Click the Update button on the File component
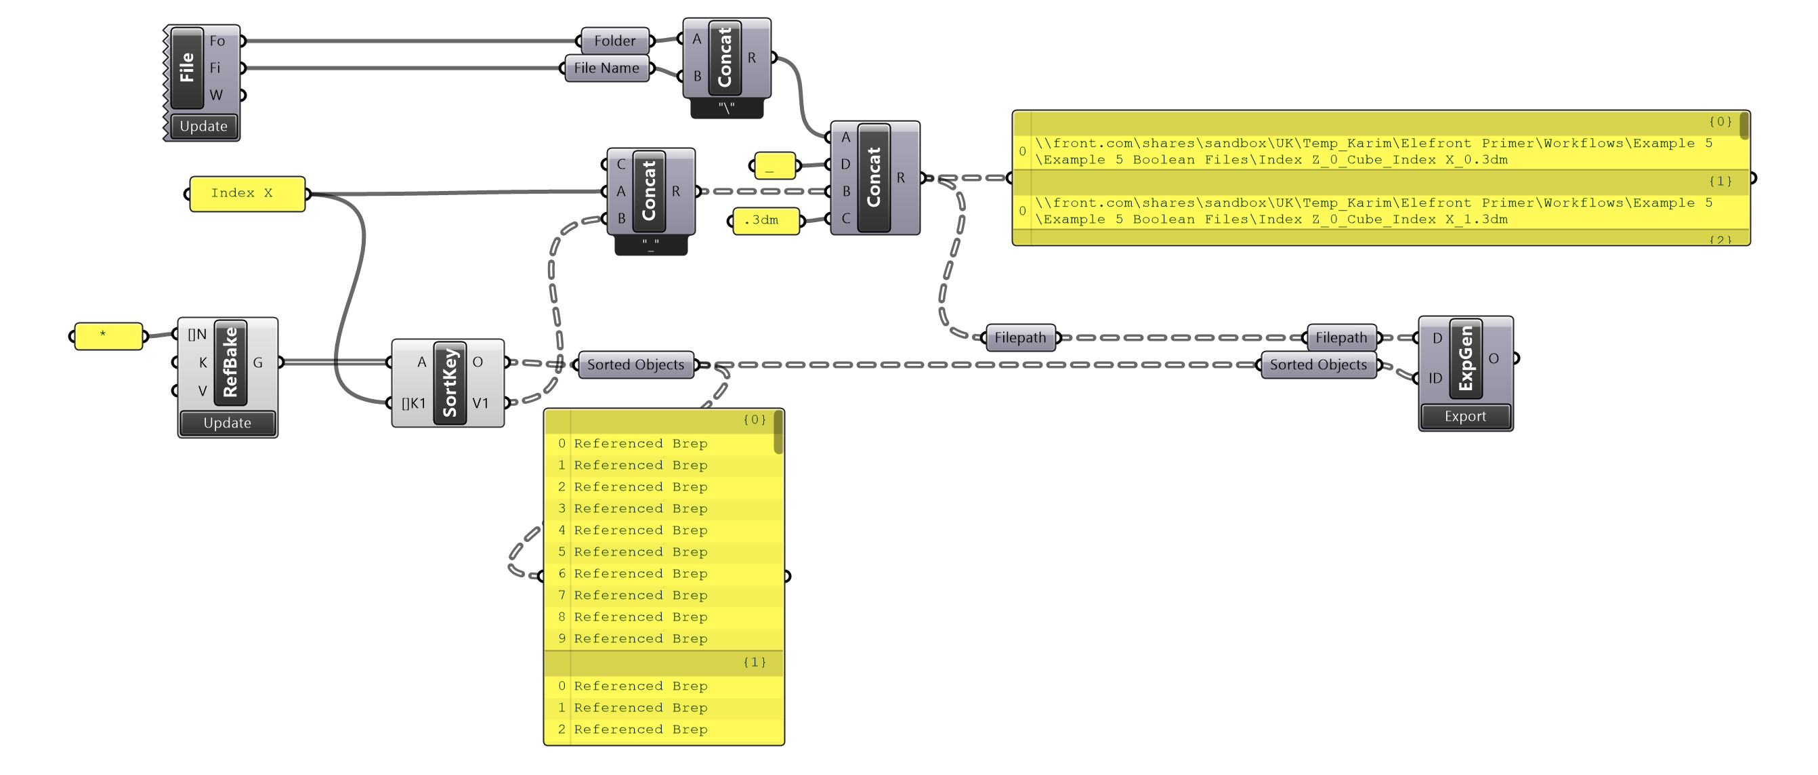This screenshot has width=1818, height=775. pyautogui.click(x=203, y=126)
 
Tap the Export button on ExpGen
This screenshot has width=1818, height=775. pyautogui.click(x=1464, y=417)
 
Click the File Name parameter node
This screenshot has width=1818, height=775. pyautogui.click(x=606, y=68)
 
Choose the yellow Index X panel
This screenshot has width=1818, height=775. pyautogui.click(x=247, y=193)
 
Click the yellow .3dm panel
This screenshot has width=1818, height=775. pyautogui.click(x=765, y=220)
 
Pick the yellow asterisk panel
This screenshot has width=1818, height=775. pyautogui.click(x=108, y=336)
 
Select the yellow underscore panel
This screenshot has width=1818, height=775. pyautogui.click(x=774, y=166)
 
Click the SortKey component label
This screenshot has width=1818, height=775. pyautogui.click(x=450, y=383)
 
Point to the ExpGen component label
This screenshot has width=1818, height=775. pyautogui.click(x=1465, y=358)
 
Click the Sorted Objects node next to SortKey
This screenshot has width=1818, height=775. pyautogui.click(x=635, y=365)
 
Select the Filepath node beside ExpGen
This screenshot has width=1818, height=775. pyautogui.click(x=1341, y=337)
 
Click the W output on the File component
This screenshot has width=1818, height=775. pyautogui.click(x=217, y=96)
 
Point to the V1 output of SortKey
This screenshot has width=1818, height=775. pyautogui.click(x=481, y=403)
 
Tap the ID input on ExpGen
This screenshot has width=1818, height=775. pyautogui.click(x=1435, y=378)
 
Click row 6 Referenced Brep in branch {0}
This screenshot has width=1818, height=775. pyautogui.click(x=640, y=574)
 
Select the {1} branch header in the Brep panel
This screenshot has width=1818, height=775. pyautogui.click(x=754, y=662)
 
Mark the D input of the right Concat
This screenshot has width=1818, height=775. pyautogui.click(x=845, y=165)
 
